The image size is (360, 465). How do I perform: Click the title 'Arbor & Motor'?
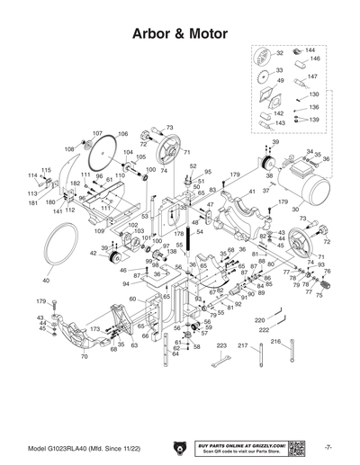click(180, 31)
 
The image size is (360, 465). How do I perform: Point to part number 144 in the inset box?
click(309, 50)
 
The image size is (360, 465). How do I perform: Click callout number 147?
click(314, 76)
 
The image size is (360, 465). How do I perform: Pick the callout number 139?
click(314, 119)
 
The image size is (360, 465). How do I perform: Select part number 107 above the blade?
click(98, 133)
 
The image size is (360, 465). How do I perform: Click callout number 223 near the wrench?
click(220, 345)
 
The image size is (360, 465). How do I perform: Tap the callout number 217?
click(242, 345)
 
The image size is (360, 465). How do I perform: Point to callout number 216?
click(276, 341)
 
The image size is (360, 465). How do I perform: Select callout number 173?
click(94, 330)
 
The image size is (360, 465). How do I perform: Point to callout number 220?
click(259, 320)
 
